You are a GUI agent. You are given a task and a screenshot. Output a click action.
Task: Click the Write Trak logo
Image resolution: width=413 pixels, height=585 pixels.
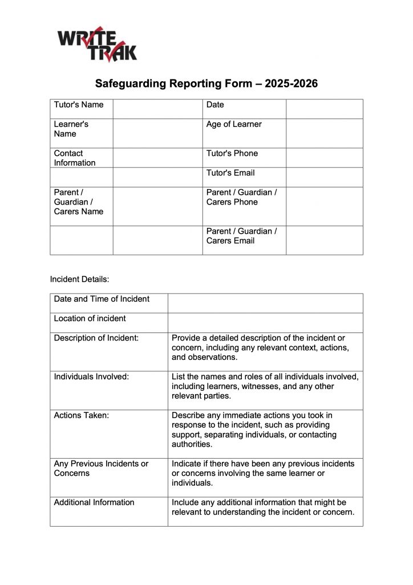[x=97, y=44]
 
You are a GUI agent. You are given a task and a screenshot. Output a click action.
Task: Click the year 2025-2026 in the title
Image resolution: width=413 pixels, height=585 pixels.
[x=290, y=84]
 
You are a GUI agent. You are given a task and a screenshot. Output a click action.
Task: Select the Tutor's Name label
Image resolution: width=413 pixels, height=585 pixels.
[x=79, y=105]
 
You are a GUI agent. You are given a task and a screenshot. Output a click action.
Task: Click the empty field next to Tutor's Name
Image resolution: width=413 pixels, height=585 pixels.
[x=157, y=109]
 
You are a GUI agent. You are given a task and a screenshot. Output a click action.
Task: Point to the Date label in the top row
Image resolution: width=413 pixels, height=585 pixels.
[x=215, y=105]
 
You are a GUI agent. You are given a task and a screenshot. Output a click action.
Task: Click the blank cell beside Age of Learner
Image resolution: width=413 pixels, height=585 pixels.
[x=324, y=133]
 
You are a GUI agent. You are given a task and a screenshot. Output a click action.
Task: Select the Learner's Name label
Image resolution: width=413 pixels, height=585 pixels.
[x=71, y=129]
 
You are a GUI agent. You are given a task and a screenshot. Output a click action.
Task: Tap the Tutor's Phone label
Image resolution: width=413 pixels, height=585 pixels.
[x=232, y=153]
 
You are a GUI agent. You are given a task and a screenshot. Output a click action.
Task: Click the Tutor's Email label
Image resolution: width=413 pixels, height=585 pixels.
[x=230, y=173]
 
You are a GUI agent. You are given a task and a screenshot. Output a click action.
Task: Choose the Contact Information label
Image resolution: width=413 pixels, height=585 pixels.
[x=75, y=158]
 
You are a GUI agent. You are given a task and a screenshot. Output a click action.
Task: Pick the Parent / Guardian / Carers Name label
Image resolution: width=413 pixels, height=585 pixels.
[x=79, y=202]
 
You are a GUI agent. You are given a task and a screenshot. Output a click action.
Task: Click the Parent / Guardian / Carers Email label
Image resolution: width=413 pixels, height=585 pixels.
[x=241, y=236]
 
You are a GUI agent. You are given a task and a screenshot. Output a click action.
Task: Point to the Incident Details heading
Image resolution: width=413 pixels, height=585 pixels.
[x=79, y=279]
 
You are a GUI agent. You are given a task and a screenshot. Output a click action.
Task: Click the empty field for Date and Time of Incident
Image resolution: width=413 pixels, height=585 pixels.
[x=265, y=303]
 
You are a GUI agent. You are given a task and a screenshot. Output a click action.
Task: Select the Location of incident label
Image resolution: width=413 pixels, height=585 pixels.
[x=90, y=318]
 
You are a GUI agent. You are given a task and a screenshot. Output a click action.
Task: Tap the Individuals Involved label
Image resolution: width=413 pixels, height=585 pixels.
[x=91, y=376]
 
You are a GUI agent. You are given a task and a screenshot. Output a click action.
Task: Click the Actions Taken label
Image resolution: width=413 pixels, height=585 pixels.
[x=81, y=415]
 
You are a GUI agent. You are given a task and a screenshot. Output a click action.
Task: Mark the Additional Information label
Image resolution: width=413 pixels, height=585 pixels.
[x=94, y=502]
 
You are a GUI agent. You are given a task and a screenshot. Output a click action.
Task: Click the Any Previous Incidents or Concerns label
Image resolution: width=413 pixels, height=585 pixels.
[x=101, y=468]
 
